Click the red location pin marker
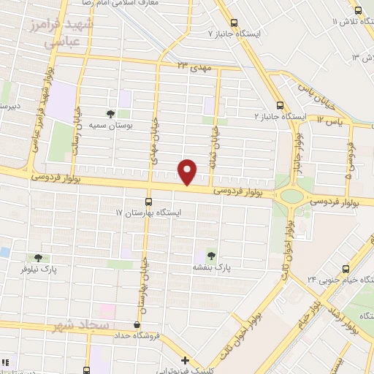click(188, 172)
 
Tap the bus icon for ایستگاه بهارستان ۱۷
click(149, 202)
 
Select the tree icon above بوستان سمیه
click(110, 113)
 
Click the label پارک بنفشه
click(212, 268)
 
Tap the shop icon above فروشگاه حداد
click(137, 325)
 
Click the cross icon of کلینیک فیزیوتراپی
click(186, 360)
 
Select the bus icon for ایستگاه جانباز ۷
click(234, 23)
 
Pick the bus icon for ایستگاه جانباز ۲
click(280, 105)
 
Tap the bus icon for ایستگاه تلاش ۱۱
click(358, 10)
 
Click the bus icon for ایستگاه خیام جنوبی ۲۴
click(346, 268)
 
